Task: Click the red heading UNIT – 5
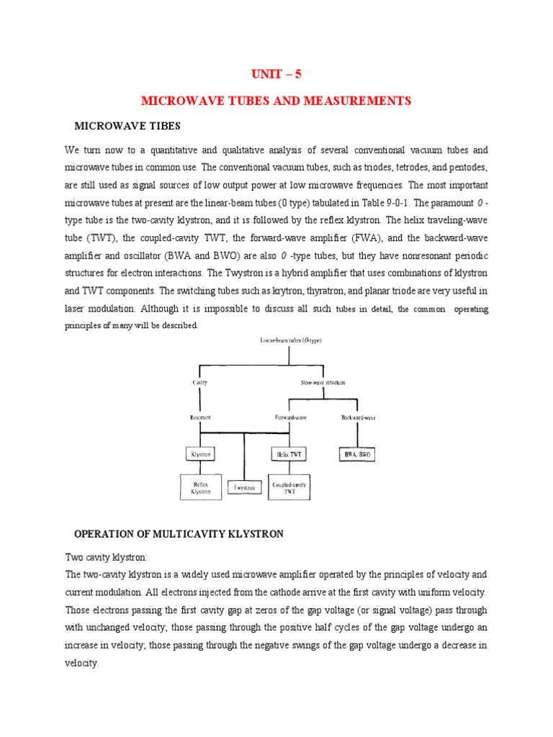(x=276, y=74)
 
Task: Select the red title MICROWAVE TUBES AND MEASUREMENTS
(x=276, y=101)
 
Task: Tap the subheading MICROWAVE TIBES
(x=127, y=127)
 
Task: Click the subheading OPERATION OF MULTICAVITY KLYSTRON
(x=179, y=534)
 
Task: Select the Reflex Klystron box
(x=201, y=487)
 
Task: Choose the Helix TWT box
(x=289, y=455)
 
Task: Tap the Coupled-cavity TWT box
(x=289, y=487)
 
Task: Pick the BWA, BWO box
(x=357, y=455)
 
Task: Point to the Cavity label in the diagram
(x=200, y=382)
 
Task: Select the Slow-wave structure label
(x=323, y=382)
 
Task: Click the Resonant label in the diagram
(x=200, y=417)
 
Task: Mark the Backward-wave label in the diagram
(x=357, y=417)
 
